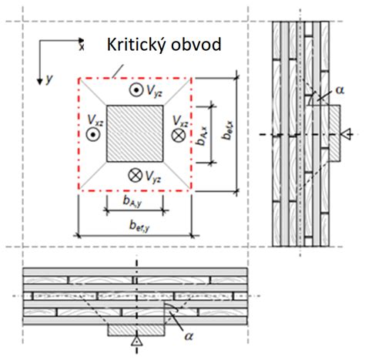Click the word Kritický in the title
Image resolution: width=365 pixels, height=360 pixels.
tap(136, 45)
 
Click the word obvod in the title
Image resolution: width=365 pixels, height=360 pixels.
tap(196, 45)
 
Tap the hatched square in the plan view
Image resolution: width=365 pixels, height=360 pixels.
tap(135, 133)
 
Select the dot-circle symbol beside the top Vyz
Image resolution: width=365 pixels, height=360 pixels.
tap(136, 90)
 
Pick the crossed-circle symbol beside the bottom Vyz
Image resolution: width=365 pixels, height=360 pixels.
tap(135, 175)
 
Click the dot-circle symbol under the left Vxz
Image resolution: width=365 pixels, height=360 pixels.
tap(93, 134)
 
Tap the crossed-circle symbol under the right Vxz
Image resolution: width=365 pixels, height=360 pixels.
tap(178, 135)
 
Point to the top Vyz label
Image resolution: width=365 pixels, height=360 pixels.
tap(154, 91)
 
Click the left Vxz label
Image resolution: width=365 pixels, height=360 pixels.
tap(95, 120)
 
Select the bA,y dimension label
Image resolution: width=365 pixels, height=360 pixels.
tap(132, 202)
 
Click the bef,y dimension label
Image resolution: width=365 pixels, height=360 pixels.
tap(139, 227)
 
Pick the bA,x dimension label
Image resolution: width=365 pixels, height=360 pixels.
tap(203, 136)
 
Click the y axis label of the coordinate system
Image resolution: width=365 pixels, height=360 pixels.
tap(49, 79)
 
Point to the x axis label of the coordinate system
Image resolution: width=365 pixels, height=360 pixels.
tap(82, 47)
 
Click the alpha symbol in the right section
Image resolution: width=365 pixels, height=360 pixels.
tap(340, 90)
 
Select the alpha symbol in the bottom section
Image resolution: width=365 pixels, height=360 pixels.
tap(189, 336)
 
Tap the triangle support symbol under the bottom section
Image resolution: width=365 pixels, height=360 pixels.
tap(137, 341)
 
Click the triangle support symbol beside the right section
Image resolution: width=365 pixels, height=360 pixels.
tap(347, 134)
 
